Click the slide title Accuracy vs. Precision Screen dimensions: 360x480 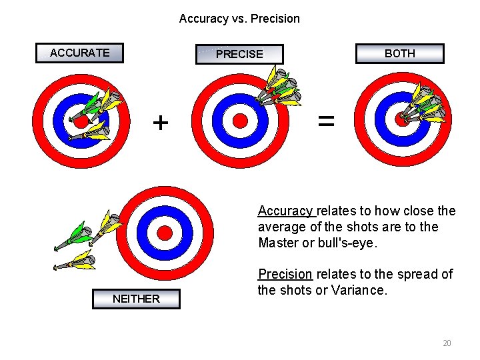click(239, 19)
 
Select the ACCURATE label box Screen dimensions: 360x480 click(80, 53)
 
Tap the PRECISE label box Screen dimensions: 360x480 click(239, 54)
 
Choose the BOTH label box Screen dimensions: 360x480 click(399, 53)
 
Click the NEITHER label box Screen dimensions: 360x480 click(136, 299)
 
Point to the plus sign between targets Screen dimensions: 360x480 click(161, 123)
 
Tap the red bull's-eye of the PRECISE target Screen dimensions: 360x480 click(240, 120)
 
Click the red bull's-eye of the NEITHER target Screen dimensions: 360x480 click(164, 232)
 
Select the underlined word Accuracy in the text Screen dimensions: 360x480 click(285, 211)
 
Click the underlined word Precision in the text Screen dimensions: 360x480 click(285, 274)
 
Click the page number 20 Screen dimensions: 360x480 click(447, 343)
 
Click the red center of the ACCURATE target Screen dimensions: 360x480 click(81, 122)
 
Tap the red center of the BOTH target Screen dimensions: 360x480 click(401, 119)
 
